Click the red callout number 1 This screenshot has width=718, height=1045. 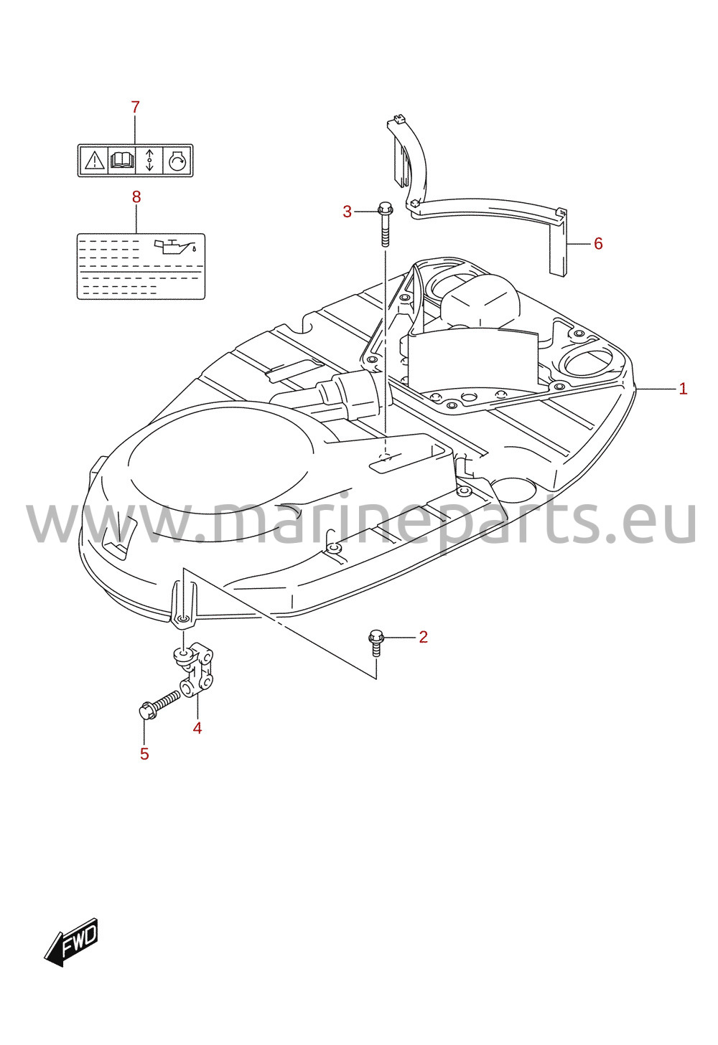pos(683,389)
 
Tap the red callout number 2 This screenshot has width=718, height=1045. pos(423,637)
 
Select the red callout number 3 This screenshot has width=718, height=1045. pos(347,212)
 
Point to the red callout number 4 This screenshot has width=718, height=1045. pos(197,728)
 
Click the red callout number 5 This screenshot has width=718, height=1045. pos(144,754)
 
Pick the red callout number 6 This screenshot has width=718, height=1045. pos(598,244)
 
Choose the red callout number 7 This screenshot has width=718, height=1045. pos(136,108)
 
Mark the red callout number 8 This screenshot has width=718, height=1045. pos(136,197)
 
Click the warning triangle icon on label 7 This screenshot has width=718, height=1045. pos(94,161)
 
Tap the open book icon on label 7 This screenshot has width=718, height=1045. pos(122,161)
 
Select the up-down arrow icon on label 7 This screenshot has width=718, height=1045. pos(149,161)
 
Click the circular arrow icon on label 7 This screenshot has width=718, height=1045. pos(177,161)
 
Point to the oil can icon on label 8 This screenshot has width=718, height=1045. pos(174,245)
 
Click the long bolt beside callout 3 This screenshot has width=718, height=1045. pos(384,224)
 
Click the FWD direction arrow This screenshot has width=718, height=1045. pos(71,942)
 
